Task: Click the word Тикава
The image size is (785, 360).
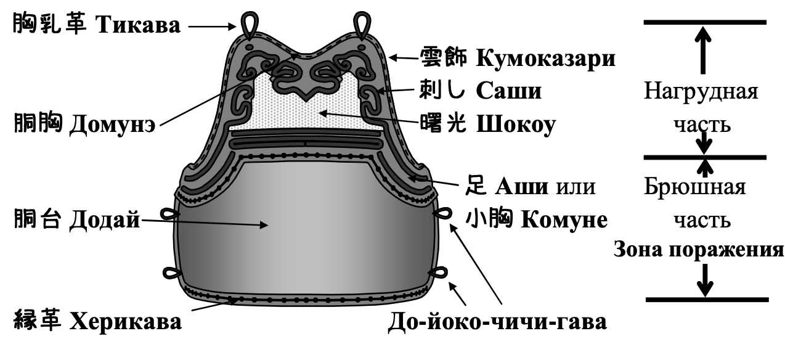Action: point(138,25)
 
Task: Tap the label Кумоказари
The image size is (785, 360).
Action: point(546,58)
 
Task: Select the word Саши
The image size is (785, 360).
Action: point(509,91)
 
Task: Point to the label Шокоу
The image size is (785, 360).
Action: point(516,125)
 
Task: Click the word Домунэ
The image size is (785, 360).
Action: point(112,124)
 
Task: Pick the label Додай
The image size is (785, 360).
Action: point(105,220)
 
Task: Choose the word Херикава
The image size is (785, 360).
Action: point(126,321)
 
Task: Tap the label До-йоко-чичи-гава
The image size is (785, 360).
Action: point(497,322)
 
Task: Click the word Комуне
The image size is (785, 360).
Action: point(564,220)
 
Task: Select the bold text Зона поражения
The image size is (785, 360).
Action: point(699,250)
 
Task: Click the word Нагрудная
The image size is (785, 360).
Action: point(701,91)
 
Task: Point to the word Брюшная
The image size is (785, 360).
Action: point(695,187)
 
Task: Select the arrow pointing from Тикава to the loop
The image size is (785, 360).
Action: point(212,27)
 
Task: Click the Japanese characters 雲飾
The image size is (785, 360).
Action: point(443,57)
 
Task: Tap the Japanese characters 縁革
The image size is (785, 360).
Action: point(38,320)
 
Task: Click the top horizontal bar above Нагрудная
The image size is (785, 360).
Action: point(705,22)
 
